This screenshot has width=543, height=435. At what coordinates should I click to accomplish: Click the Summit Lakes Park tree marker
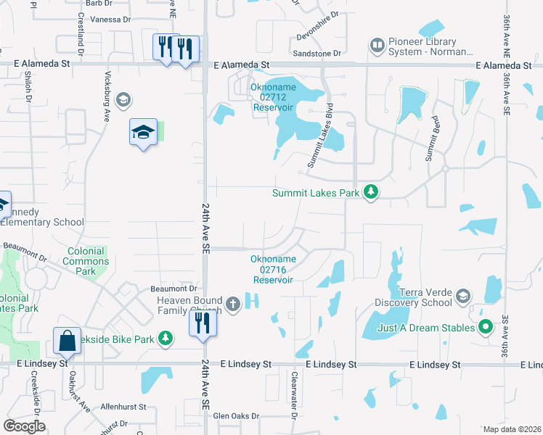coord(372,192)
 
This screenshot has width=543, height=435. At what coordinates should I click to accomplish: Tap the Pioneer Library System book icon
coord(377,46)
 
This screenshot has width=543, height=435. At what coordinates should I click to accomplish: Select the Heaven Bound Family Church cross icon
coord(232,304)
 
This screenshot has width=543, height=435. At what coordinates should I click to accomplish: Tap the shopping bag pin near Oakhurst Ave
coord(66,340)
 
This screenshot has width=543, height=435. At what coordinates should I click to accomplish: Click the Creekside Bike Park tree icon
coord(166,339)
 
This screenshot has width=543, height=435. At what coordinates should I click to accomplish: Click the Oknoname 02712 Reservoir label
coord(272,97)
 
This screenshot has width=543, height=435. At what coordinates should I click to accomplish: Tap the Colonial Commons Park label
coord(86,261)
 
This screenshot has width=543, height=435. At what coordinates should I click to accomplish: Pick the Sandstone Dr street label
coord(317,54)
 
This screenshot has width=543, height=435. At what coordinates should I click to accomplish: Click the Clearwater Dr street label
coord(294,395)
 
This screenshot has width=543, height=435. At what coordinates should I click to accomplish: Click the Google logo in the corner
coord(25,426)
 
